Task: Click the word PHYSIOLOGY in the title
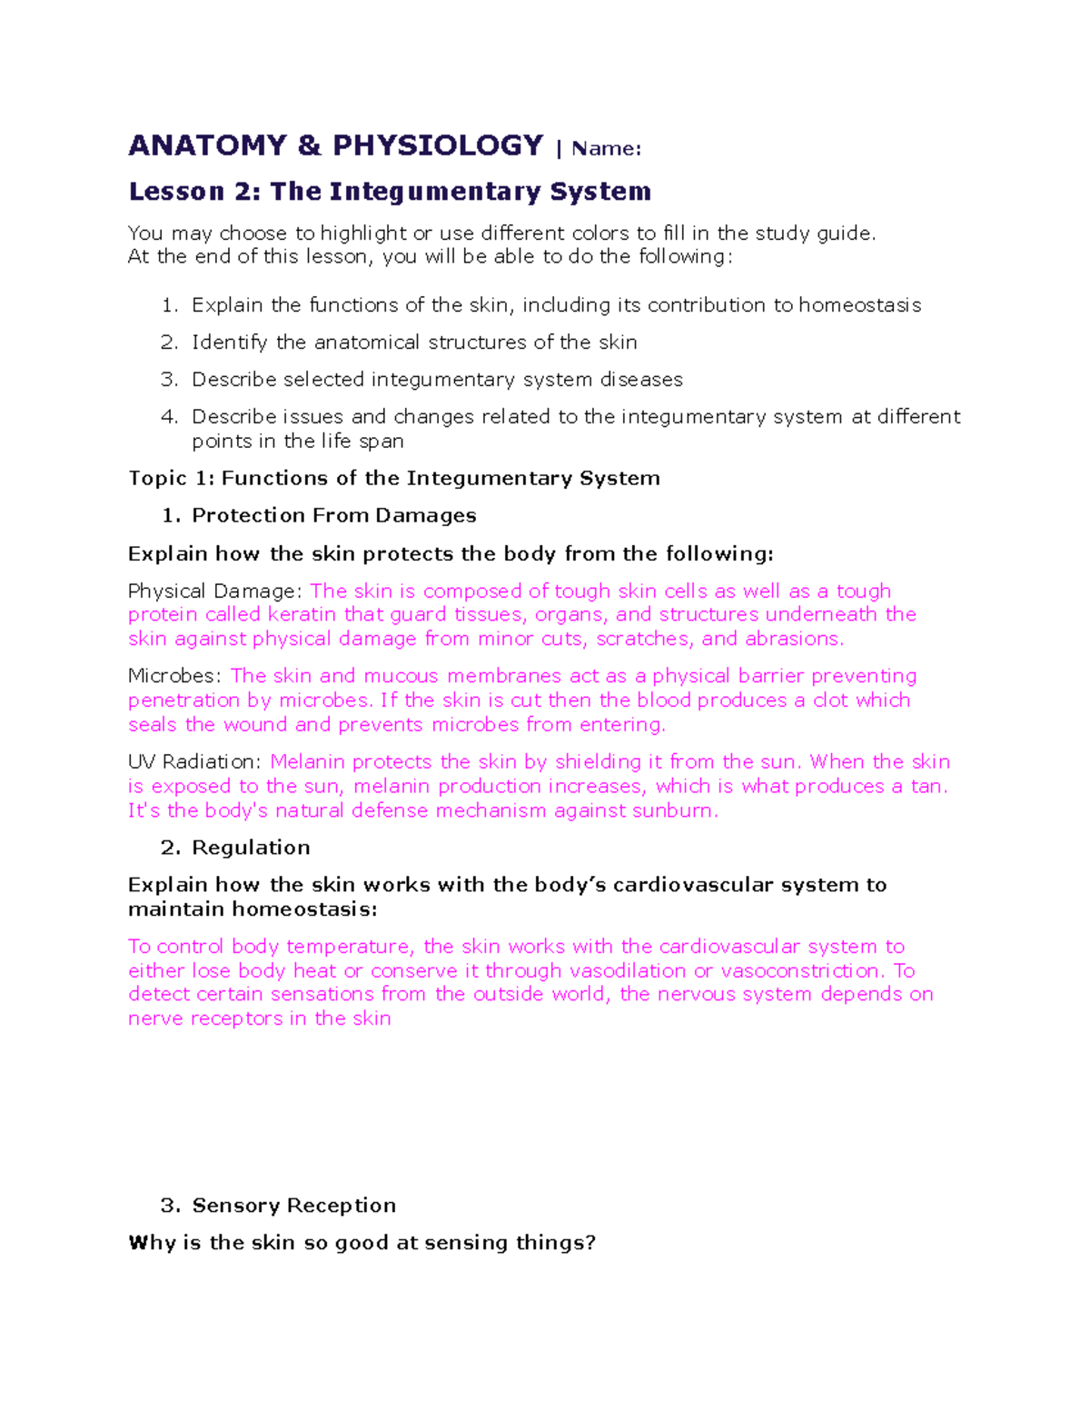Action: [438, 146]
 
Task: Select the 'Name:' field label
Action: [606, 149]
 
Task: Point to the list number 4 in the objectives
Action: [169, 417]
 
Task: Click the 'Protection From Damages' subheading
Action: [333, 516]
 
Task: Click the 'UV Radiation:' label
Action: [194, 762]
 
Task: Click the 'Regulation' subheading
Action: [251, 848]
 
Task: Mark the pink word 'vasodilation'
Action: [627, 971]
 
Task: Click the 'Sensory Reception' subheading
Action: [293, 1206]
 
